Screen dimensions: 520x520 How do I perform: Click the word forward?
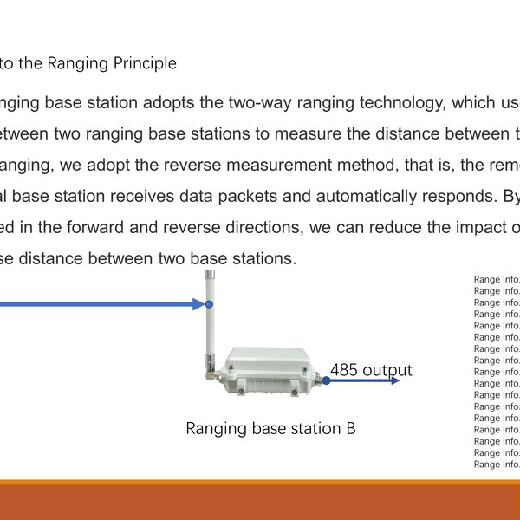click(107, 226)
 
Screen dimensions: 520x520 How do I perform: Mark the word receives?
click(140, 195)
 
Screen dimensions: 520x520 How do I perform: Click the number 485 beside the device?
click(344, 370)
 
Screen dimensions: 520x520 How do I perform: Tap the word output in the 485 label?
click(387, 370)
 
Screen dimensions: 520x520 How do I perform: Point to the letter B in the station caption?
click(349, 429)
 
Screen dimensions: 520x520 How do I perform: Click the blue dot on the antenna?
click(209, 304)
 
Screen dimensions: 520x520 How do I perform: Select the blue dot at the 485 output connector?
click(326, 380)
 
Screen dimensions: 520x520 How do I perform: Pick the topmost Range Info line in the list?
click(497, 280)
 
